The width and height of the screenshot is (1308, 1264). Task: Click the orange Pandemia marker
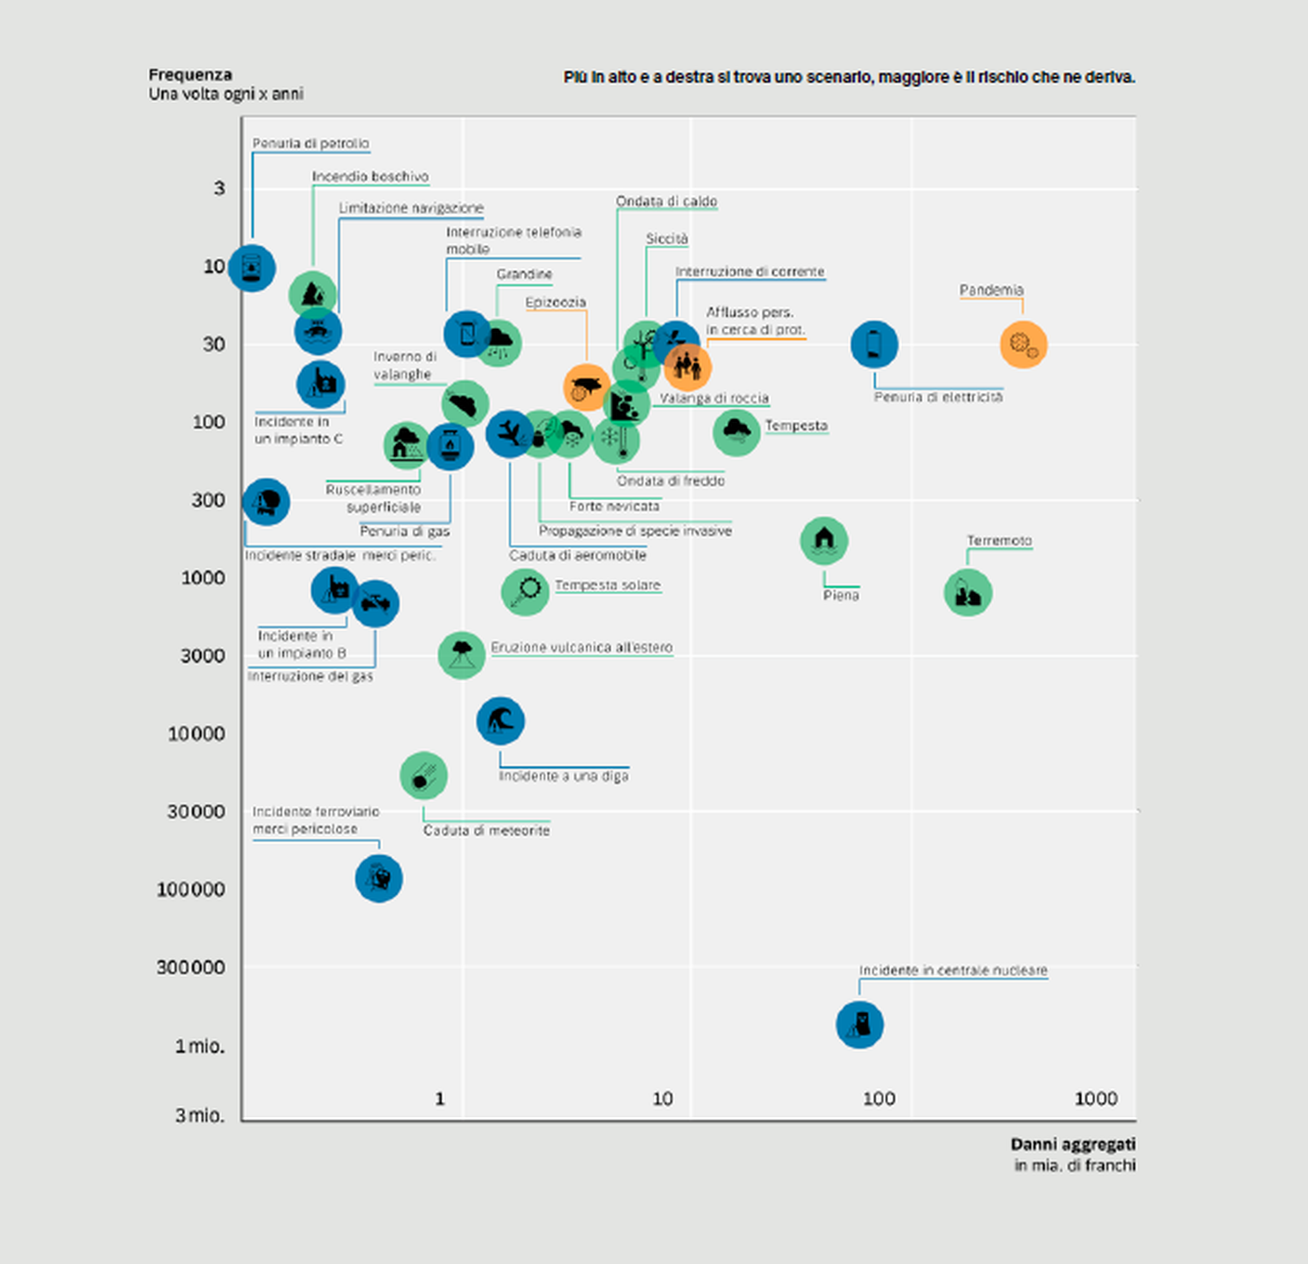tap(1023, 345)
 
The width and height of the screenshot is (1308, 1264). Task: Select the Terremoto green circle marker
tap(967, 593)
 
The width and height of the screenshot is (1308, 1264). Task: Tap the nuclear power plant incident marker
tap(859, 1024)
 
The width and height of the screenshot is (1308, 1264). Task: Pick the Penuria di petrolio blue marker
tap(252, 269)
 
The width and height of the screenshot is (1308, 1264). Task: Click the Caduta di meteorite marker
tap(424, 775)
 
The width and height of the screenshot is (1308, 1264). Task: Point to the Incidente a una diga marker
tap(500, 720)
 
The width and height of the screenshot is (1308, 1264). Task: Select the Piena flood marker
tap(824, 541)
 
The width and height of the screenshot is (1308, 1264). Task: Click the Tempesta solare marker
tap(525, 591)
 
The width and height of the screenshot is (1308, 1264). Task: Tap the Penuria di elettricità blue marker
tap(874, 345)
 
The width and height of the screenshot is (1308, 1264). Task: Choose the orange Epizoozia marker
tap(586, 388)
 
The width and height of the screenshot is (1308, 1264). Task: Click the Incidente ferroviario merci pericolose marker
tap(379, 877)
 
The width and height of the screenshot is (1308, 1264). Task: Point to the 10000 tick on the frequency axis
tap(196, 734)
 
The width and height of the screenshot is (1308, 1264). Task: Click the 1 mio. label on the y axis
tap(200, 1047)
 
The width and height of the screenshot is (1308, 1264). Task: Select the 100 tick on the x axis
tap(879, 1099)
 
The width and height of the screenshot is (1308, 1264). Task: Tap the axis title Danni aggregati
tap(1072, 1145)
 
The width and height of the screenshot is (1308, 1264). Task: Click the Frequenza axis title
tap(190, 75)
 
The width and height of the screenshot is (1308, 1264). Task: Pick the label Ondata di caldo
tap(666, 202)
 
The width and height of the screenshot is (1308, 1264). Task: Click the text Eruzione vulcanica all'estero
tap(582, 648)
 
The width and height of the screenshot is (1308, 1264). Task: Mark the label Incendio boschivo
tap(370, 177)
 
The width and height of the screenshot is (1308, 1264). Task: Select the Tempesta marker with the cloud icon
tap(737, 431)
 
